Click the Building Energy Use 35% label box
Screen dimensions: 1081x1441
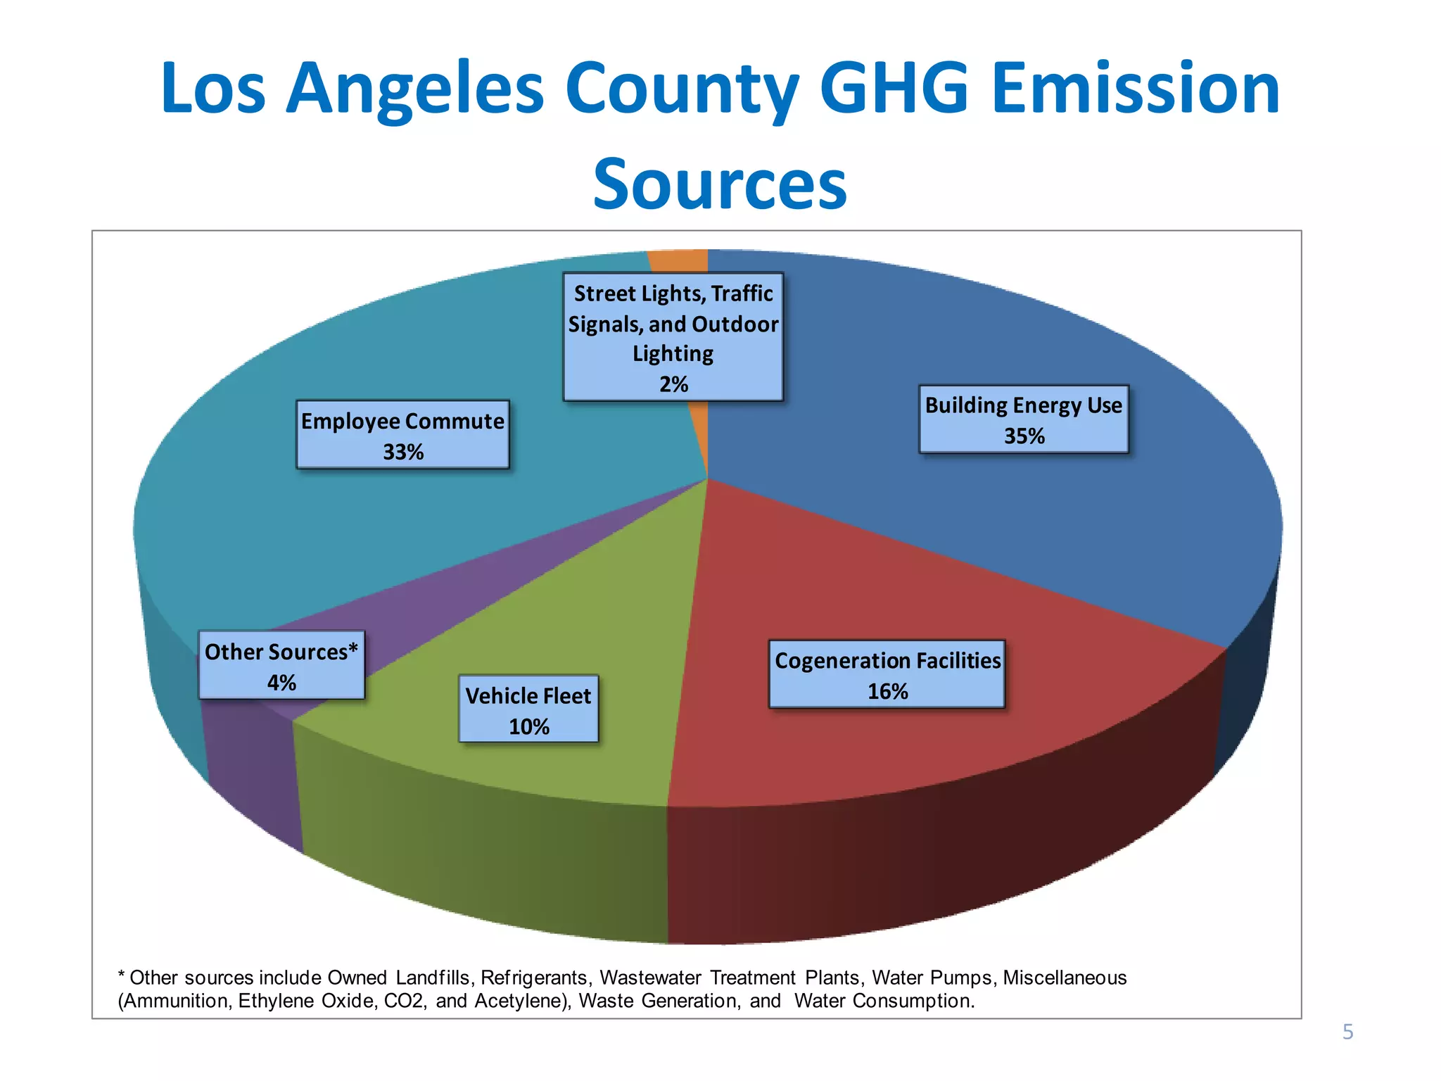pos(1023,419)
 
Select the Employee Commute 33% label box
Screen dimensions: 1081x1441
pos(402,435)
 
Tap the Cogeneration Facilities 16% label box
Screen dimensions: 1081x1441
pos(887,675)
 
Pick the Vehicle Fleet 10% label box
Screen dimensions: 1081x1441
pos(528,709)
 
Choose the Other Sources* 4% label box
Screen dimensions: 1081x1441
pos(281,666)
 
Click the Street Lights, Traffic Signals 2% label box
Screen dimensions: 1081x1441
pos(673,337)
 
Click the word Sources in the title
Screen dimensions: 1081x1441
pos(720,184)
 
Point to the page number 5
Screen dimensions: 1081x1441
pos(1347,1032)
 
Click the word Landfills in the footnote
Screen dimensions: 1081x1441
pos(433,978)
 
